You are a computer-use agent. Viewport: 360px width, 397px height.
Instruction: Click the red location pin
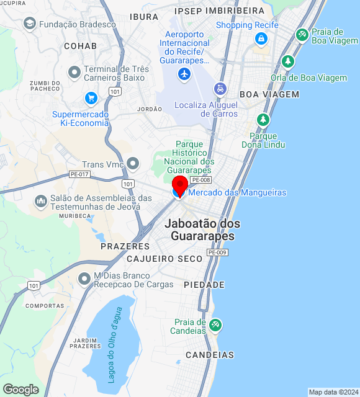tap(180, 185)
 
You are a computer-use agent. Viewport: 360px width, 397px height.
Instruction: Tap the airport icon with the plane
tap(184, 74)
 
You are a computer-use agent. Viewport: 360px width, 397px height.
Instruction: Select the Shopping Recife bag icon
tap(261, 40)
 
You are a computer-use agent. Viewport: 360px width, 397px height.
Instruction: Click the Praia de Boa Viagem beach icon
tap(302, 35)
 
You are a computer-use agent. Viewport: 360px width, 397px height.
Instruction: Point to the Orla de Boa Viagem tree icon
tap(287, 62)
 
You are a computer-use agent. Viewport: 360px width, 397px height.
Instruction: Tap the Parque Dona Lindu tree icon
tap(263, 120)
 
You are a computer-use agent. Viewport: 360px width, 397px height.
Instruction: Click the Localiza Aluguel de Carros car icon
tap(220, 89)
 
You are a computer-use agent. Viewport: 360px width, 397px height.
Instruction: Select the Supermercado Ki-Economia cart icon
tap(91, 98)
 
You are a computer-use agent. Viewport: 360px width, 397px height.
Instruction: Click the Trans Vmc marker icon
tap(133, 164)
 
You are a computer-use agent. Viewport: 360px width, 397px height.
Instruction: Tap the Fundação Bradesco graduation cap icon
tap(29, 24)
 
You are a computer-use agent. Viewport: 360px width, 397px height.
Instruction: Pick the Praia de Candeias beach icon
tap(215, 324)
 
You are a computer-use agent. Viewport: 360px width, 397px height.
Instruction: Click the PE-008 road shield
tap(201, 180)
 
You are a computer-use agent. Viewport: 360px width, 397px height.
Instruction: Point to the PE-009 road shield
tap(217, 252)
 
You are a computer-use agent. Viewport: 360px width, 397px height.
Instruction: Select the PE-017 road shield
tap(79, 174)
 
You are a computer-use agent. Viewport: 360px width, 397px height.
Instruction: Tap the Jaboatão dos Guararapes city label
tap(202, 230)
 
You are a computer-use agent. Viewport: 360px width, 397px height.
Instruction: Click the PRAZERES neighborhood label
tap(125, 246)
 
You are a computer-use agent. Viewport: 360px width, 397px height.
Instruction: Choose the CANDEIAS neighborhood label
tap(210, 355)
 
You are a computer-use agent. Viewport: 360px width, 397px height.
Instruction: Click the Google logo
tap(20, 389)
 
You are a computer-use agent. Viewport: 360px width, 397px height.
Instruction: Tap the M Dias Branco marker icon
tap(84, 280)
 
